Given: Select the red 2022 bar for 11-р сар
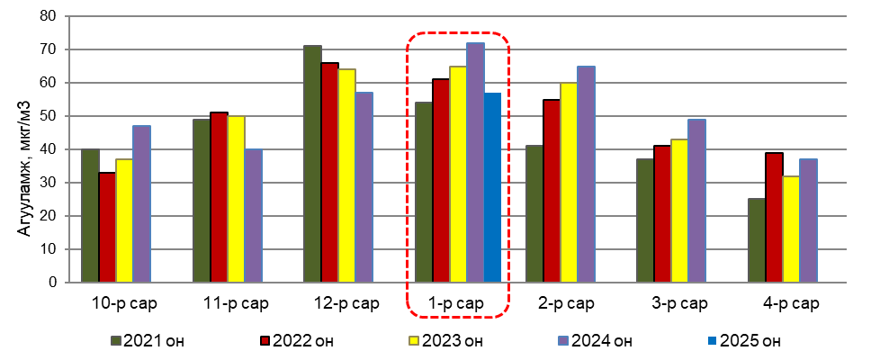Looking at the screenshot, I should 219,197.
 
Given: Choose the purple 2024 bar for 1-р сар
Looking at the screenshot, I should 475,163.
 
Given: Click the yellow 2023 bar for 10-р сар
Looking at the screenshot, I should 124,220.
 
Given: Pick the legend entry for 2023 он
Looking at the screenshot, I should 446,341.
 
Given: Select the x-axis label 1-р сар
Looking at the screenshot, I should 459,303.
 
